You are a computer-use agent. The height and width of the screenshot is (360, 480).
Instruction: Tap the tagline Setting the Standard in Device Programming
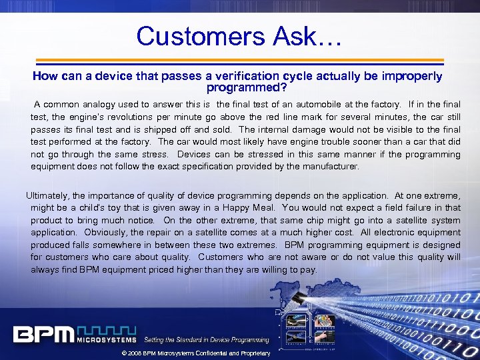tap(206, 340)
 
